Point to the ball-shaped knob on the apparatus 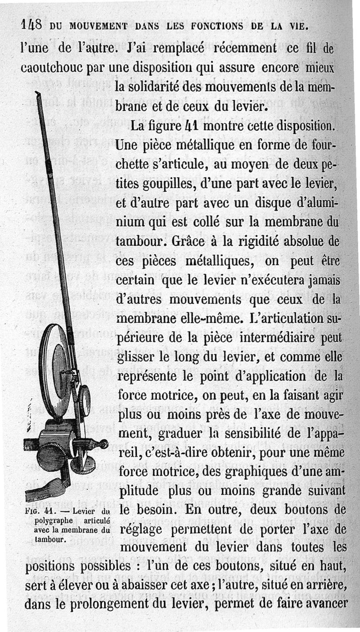click(103, 444)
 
